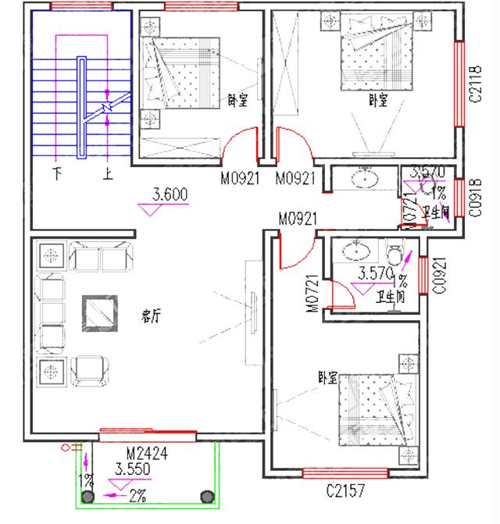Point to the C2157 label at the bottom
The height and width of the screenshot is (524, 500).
[x=345, y=491]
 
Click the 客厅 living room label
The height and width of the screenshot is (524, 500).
[x=151, y=316]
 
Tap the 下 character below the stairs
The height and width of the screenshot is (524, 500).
[x=56, y=173]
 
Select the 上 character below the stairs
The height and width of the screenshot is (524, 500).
[x=107, y=173]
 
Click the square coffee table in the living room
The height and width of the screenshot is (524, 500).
[x=99, y=313]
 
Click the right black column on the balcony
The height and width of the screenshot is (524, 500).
[x=207, y=496]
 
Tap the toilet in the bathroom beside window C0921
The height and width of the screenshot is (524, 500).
[x=396, y=255]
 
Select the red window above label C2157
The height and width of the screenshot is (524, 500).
[x=345, y=472]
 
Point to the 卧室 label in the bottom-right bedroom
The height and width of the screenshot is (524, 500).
[x=327, y=377]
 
